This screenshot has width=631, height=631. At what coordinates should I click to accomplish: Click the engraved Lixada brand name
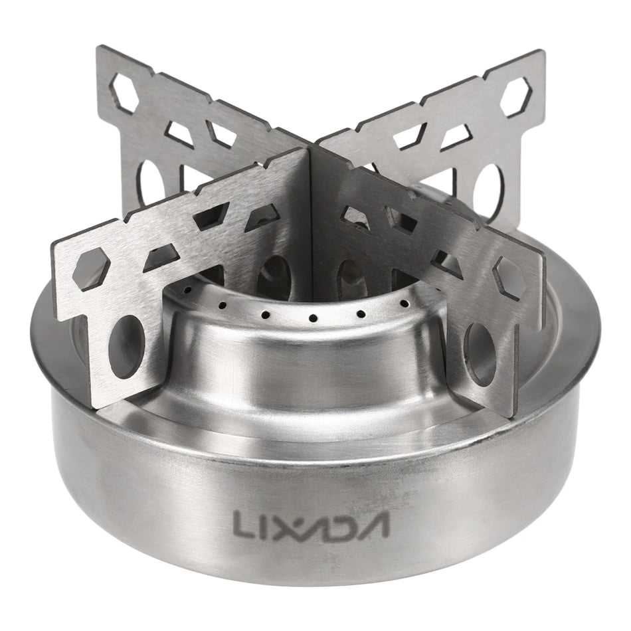pyautogui.click(x=311, y=523)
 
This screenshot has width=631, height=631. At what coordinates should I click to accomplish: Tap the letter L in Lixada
pyautogui.click(x=242, y=523)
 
